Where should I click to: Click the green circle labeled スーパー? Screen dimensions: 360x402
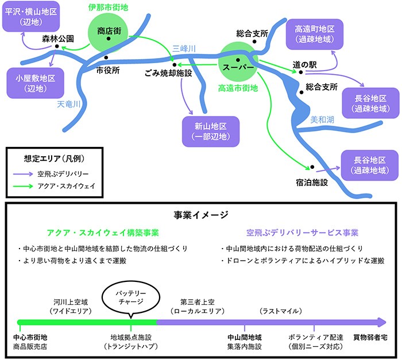pos(238,67)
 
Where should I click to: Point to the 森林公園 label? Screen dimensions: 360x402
pos(58,40)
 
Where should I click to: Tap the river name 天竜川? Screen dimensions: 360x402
pos(69,104)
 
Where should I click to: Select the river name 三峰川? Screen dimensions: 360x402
pos(184,49)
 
